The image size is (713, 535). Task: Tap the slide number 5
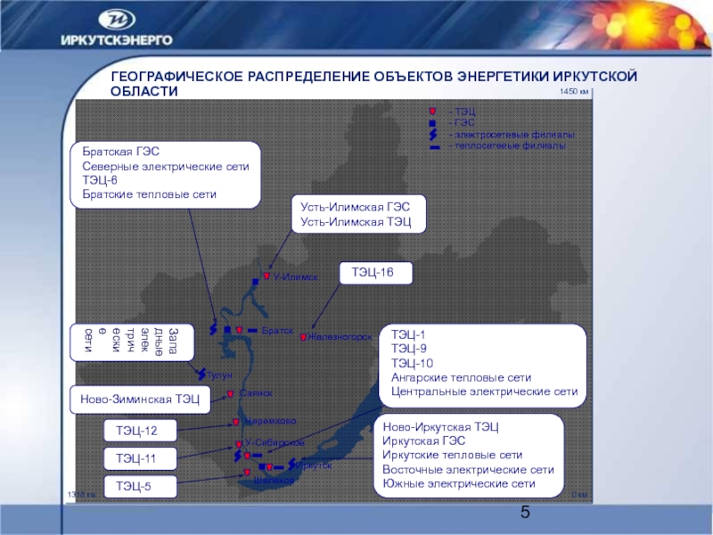(525, 512)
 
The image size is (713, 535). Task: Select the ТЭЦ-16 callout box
(377, 272)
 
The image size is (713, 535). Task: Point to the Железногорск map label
(340, 337)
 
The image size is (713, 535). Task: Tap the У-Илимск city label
(295, 277)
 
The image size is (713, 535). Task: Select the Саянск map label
(256, 393)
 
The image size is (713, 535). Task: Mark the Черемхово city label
(271, 421)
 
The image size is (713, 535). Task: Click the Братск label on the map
(278, 331)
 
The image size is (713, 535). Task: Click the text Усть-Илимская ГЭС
(355, 206)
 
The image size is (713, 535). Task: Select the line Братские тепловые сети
(150, 193)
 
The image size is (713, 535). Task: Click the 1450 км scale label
(573, 92)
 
